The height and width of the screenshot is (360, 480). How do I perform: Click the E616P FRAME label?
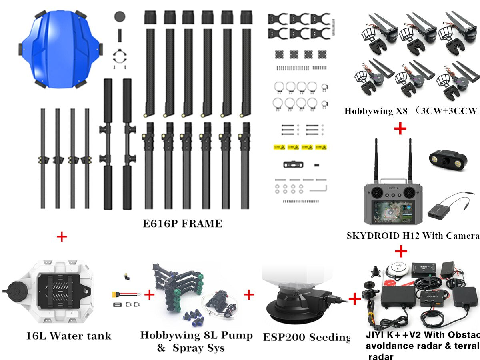(182, 223)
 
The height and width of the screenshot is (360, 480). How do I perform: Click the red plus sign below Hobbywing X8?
(400, 128)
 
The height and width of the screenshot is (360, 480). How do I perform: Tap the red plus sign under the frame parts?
(62, 237)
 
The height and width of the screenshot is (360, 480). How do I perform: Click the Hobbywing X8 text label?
(376, 111)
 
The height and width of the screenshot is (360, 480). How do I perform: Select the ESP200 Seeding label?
(306, 337)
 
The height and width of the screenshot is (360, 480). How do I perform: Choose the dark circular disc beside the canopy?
(120, 16)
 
